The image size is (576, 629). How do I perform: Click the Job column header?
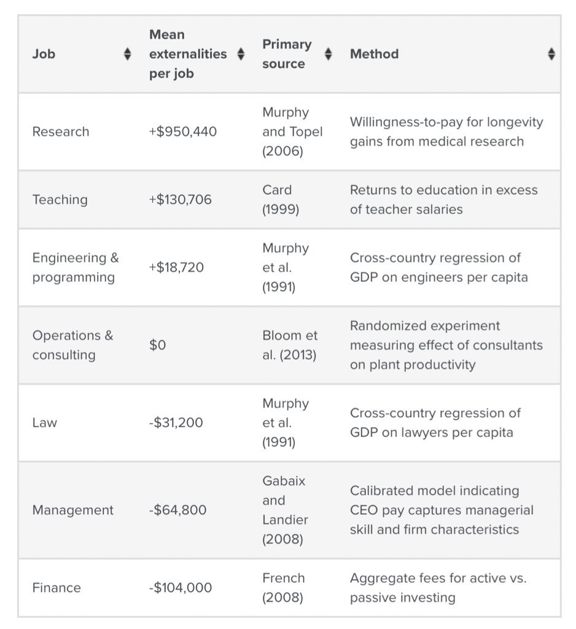point(44,54)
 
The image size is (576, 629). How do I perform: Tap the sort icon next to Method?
point(551,54)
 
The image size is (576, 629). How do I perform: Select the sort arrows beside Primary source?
point(329,54)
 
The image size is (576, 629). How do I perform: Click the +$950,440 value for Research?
point(183,131)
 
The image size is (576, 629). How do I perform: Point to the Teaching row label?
point(60,200)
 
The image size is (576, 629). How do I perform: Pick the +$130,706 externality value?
point(181,200)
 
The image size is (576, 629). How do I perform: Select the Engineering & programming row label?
point(75,267)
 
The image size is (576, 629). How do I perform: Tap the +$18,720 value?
point(176,267)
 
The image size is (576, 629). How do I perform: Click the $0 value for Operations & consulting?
point(158,345)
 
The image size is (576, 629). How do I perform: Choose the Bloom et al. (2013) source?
point(290,345)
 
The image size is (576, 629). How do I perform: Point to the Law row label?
point(44,423)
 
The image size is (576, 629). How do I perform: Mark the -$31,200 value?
point(176,423)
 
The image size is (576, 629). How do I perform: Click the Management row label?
point(72,510)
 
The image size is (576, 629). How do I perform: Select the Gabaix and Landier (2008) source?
point(285,510)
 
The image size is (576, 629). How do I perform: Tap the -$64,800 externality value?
point(177,510)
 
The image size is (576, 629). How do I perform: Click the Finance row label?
point(56,588)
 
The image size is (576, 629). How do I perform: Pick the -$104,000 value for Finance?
point(181,588)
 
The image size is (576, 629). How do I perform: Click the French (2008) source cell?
point(284,588)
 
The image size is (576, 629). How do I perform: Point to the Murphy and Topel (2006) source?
point(292,131)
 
